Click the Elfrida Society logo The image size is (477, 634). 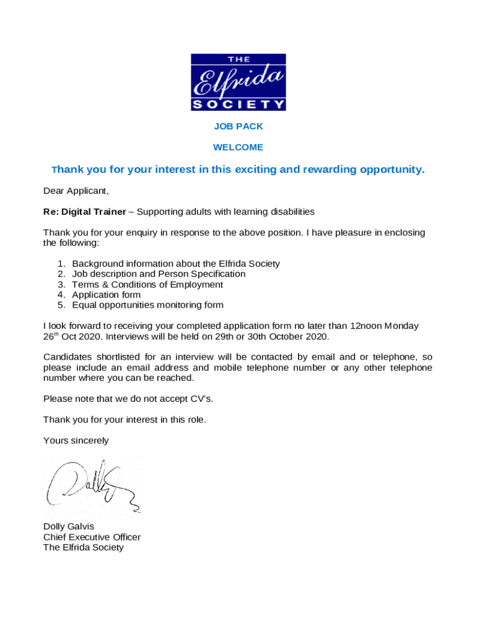pyautogui.click(x=239, y=82)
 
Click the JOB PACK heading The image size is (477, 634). pyautogui.click(x=239, y=126)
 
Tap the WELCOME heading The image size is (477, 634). pyautogui.click(x=239, y=147)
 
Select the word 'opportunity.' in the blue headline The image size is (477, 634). pyautogui.click(x=392, y=170)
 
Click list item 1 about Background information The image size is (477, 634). pyautogui.click(x=176, y=264)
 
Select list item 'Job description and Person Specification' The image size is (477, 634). pyautogui.click(x=159, y=274)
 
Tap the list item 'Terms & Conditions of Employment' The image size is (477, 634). pyautogui.click(x=147, y=284)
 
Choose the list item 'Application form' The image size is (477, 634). pyautogui.click(x=106, y=295)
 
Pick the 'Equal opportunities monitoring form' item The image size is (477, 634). pyautogui.click(x=147, y=305)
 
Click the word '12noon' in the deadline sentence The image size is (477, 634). pyautogui.click(x=366, y=326)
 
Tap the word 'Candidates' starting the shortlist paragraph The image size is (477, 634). pyautogui.click(x=67, y=357)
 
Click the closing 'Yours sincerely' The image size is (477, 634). pyautogui.click(x=76, y=441)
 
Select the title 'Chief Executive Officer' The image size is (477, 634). pyautogui.click(x=92, y=537)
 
